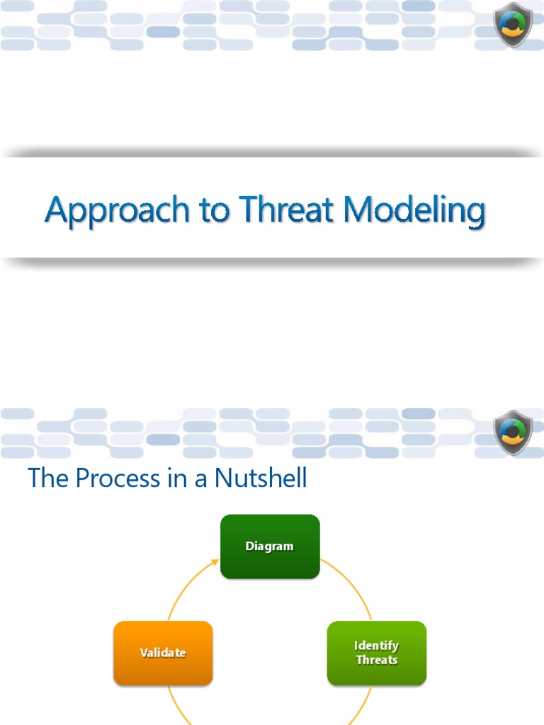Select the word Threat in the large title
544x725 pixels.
[287, 210]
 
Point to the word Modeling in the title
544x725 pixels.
[415, 211]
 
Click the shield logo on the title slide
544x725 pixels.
[513, 24]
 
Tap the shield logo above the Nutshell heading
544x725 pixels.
[513, 432]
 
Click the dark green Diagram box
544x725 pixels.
[270, 547]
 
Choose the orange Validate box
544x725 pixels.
[163, 653]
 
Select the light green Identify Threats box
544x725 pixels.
[377, 653]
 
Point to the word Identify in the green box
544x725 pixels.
[377, 646]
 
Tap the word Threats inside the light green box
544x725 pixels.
[377, 661]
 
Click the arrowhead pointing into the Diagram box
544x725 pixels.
[215, 563]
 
